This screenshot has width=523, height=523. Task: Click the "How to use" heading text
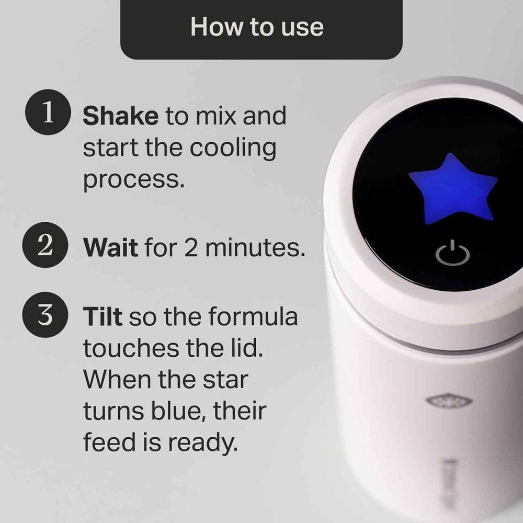point(257,27)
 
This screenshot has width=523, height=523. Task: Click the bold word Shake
point(120,116)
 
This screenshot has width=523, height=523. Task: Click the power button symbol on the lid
point(453,254)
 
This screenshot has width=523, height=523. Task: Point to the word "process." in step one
point(134,181)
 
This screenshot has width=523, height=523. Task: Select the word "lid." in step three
point(244,349)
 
